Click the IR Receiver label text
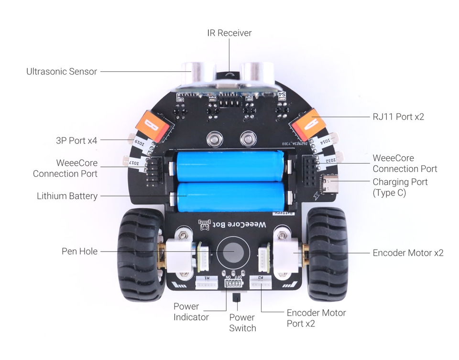point(229,33)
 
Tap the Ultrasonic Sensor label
point(62,72)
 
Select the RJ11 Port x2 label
point(398,117)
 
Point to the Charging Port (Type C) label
point(400,187)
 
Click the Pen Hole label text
point(79,251)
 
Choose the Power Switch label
point(242,323)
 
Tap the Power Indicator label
point(191,312)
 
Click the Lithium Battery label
point(67,196)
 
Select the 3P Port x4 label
point(76,141)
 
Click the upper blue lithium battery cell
point(230,166)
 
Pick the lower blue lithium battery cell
point(230,196)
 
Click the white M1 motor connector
point(206,284)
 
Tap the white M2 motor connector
point(261,284)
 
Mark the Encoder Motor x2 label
point(408,253)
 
